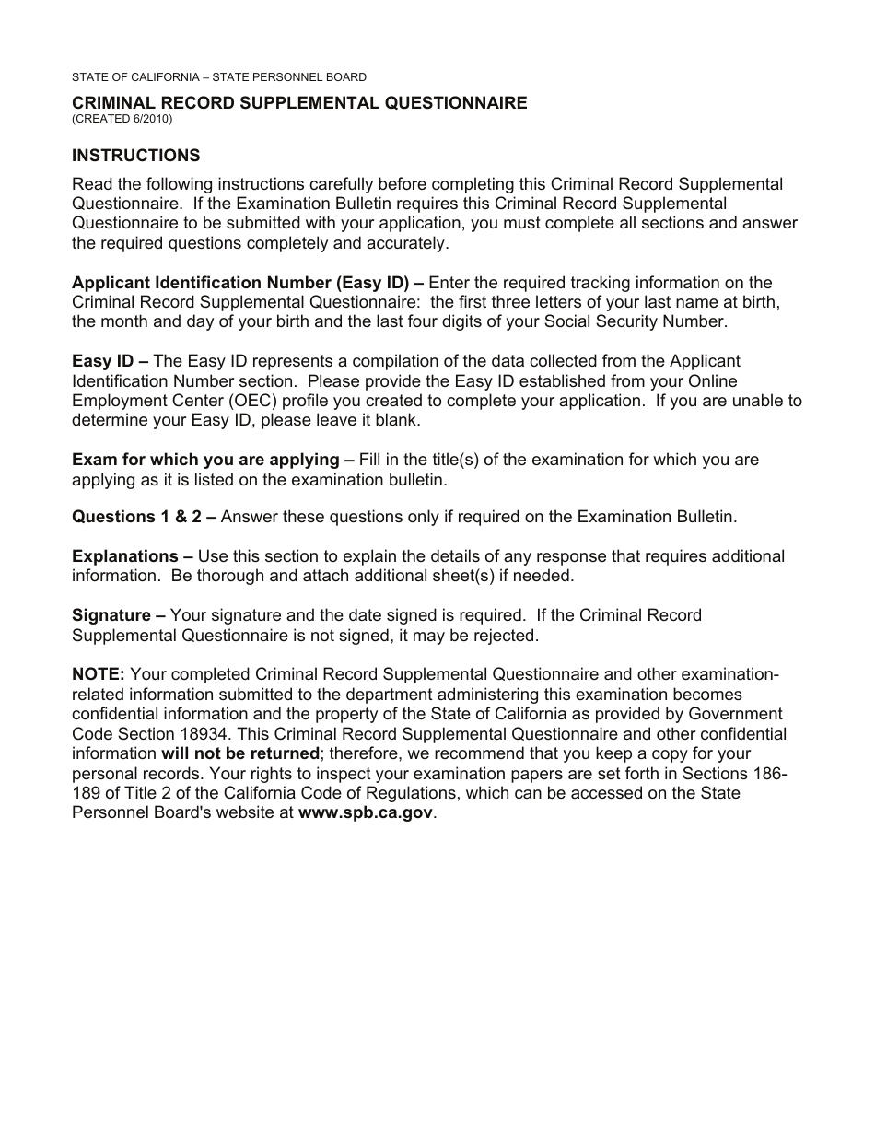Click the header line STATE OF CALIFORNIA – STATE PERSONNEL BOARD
click(218, 77)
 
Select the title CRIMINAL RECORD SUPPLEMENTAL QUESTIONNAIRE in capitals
click(299, 103)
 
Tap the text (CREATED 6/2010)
click(122, 119)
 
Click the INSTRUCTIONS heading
click(135, 156)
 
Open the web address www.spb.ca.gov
click(365, 813)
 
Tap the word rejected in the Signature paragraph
click(501, 636)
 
